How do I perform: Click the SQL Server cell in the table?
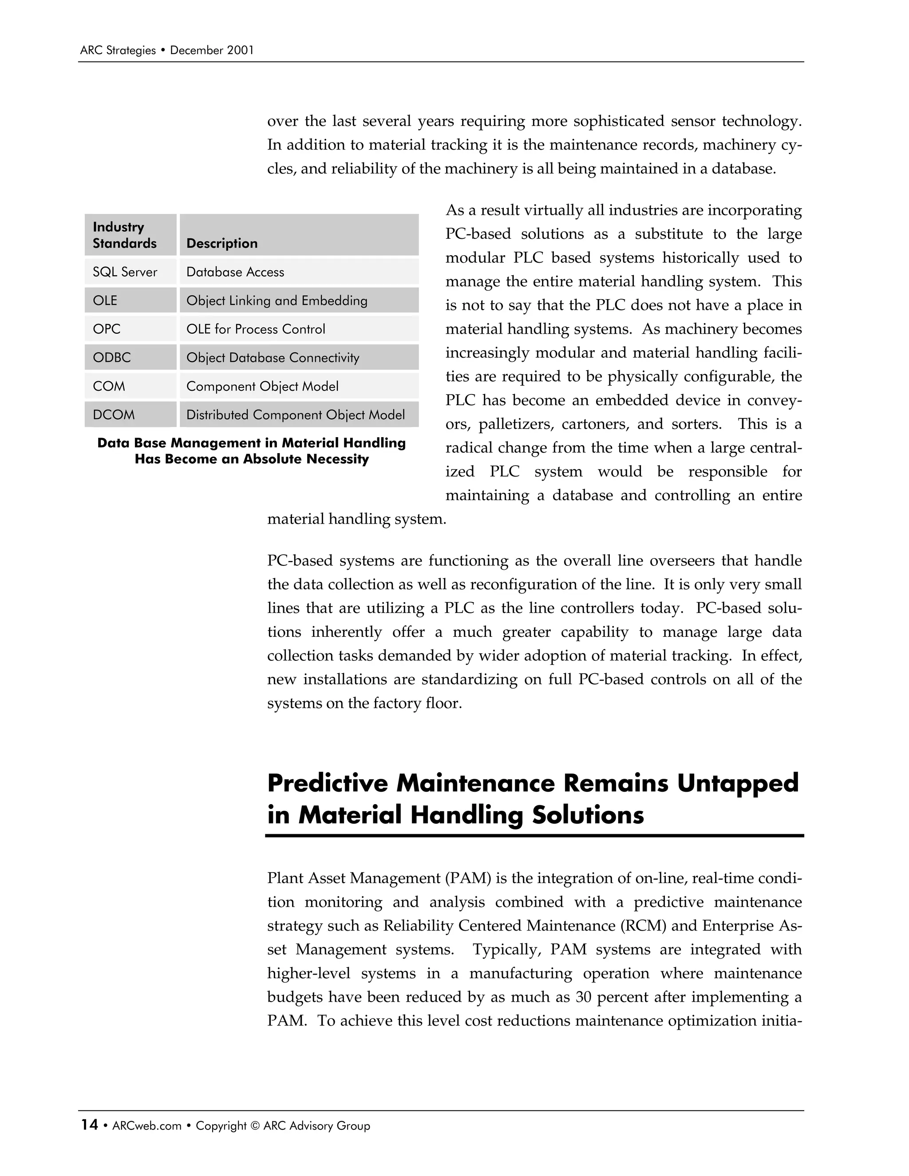point(125,272)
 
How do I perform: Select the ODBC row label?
point(111,358)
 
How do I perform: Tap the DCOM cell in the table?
point(114,414)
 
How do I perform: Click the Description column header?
point(222,243)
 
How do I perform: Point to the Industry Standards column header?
point(124,235)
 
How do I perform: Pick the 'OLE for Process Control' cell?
point(255,329)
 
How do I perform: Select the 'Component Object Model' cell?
point(262,386)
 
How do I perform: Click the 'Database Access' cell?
point(235,272)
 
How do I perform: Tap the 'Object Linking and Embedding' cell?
point(277,300)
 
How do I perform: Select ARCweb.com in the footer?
point(146,1126)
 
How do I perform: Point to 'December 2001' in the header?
point(212,51)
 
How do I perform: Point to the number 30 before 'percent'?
point(583,997)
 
